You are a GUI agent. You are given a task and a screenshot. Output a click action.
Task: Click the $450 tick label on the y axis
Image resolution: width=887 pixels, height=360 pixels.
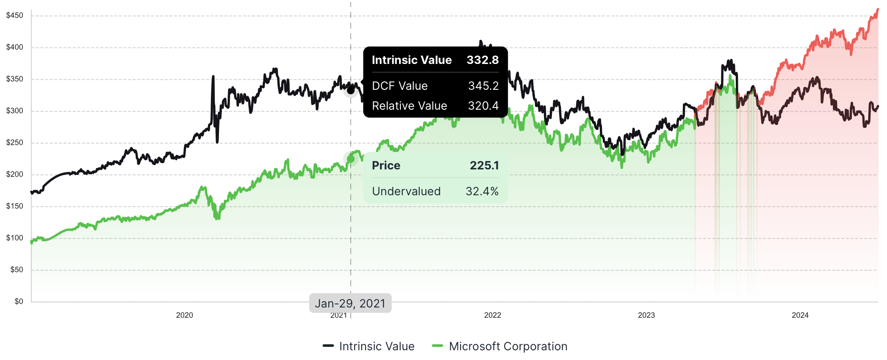pos(15,16)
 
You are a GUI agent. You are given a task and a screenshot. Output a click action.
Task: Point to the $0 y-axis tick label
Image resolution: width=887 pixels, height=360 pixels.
pos(19,302)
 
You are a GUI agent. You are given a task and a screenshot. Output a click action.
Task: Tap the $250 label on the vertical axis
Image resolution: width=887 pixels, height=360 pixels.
pos(15,143)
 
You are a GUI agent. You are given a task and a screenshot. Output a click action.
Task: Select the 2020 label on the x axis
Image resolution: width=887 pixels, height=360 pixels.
pos(184,315)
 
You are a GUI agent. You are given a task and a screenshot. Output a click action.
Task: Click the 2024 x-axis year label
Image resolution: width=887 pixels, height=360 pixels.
pos(800,315)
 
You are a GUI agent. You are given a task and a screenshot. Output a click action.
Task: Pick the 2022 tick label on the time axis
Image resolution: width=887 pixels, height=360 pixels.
pos(492,315)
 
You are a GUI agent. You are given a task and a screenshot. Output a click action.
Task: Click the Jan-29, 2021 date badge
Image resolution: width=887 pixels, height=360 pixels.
pos(350,303)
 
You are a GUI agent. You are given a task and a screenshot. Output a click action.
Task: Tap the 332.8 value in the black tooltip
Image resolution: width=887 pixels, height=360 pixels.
pos(482,60)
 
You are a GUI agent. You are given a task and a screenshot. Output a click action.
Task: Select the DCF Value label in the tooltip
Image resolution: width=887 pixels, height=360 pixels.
pos(399,86)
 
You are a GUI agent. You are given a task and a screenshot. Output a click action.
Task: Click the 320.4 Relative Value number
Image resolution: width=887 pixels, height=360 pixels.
pos(483,106)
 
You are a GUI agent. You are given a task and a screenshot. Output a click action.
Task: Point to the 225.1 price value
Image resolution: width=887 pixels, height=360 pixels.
pos(484,166)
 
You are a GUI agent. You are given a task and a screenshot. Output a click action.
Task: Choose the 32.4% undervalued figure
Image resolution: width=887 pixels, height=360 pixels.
pos(482,191)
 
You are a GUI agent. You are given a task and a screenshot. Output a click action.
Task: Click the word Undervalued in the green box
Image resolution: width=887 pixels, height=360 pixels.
pos(406,191)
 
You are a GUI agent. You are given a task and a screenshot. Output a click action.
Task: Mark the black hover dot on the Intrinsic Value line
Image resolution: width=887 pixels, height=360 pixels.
pos(351,90)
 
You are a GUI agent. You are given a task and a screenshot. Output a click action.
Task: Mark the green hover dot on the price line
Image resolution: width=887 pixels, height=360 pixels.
pos(351,159)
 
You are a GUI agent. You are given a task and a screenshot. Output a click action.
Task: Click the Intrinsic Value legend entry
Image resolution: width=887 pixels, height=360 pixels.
pos(377,346)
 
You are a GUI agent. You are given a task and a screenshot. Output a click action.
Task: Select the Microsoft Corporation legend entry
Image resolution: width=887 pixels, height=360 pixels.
pos(508,346)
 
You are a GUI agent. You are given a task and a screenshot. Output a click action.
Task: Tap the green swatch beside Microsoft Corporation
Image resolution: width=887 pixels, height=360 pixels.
pos(438,346)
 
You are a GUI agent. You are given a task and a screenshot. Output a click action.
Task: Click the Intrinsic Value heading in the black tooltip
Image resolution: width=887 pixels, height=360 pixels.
pos(411,60)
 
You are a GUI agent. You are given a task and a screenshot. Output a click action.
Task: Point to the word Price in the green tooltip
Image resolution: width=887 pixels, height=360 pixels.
pos(386,166)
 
